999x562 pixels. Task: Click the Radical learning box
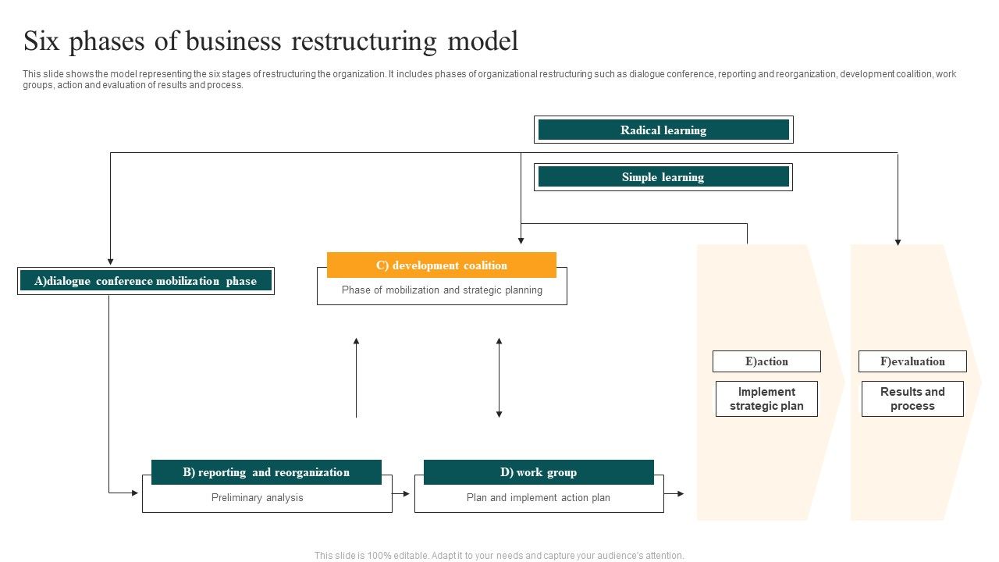(663, 130)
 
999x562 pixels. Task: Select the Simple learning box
(663, 177)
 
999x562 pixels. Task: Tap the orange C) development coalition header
(442, 265)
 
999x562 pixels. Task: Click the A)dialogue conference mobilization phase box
(146, 281)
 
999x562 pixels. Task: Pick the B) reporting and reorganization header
(266, 472)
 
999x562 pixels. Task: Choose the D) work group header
(539, 472)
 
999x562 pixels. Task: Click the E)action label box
(766, 361)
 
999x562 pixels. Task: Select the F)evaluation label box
(912, 361)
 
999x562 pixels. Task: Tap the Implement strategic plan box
(766, 399)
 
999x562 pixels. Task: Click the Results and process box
(912, 399)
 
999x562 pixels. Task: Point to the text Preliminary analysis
(258, 498)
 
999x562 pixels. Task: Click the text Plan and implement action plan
(539, 498)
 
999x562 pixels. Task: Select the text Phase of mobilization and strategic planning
(442, 290)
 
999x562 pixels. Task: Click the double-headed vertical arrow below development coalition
(499, 378)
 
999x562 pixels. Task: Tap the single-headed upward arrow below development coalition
(357, 378)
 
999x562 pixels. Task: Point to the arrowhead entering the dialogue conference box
(111, 261)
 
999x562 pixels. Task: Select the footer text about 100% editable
(499, 556)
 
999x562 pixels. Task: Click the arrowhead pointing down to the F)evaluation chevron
(898, 242)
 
